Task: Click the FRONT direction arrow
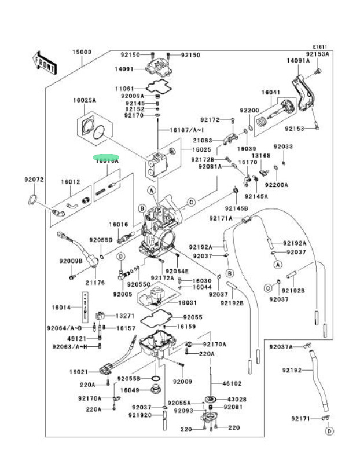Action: click(45, 61)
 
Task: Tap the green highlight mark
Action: click(106, 157)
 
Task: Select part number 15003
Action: click(82, 52)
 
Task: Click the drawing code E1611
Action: click(321, 46)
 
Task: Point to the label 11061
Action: click(124, 88)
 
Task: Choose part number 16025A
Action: click(85, 100)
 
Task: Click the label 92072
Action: click(34, 180)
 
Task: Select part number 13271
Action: click(125, 316)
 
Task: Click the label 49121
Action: click(77, 338)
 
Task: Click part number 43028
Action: click(236, 399)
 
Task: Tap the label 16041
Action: click(270, 93)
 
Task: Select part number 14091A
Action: click(298, 60)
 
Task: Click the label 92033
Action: click(284, 147)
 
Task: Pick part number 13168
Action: click(261, 156)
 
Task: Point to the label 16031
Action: click(188, 302)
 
